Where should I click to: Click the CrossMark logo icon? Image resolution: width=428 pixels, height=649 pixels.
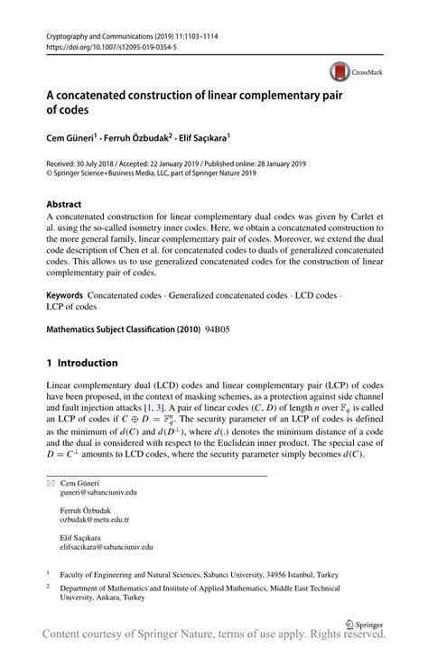click(x=339, y=70)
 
